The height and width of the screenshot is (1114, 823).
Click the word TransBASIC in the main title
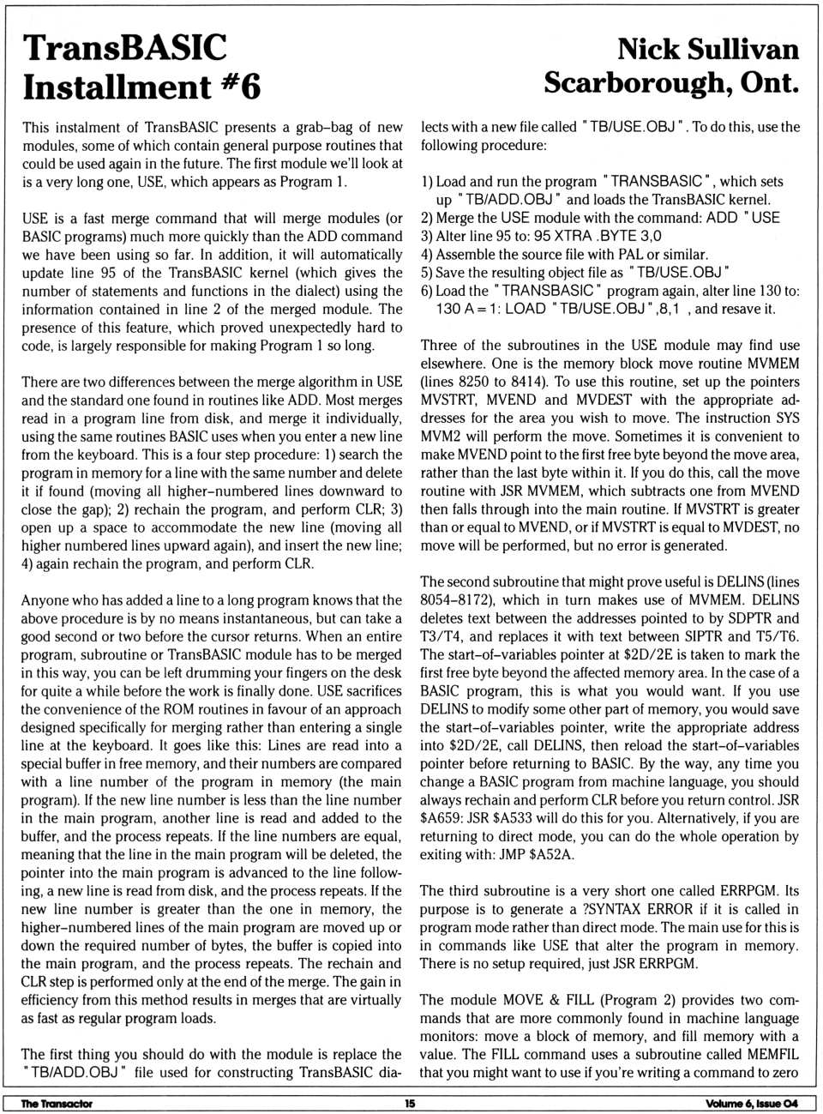point(124,49)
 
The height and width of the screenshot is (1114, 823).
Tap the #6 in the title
point(240,87)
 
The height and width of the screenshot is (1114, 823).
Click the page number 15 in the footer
point(410,1104)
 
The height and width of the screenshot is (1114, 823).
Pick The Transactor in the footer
point(57,1104)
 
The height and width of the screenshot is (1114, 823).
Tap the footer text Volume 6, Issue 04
point(751,1104)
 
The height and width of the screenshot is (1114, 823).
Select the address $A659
point(440,818)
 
